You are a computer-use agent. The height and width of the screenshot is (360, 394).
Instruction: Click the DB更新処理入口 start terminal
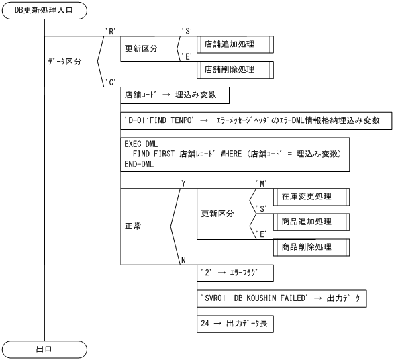click(x=44, y=11)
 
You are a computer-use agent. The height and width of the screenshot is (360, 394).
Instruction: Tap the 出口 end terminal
click(x=44, y=349)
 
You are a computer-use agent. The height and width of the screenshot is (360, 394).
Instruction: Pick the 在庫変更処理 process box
click(x=311, y=196)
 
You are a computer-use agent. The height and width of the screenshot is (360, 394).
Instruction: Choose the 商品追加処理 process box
click(x=311, y=221)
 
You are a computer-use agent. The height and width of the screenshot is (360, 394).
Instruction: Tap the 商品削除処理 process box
click(x=311, y=246)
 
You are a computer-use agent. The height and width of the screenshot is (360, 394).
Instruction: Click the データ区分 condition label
click(x=64, y=62)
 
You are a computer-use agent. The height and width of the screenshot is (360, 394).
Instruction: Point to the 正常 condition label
click(x=135, y=226)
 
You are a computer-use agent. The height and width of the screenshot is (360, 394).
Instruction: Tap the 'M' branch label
click(x=261, y=183)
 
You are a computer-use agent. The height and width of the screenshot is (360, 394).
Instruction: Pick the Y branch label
click(x=183, y=183)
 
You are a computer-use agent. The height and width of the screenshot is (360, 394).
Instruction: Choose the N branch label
click(x=183, y=259)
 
